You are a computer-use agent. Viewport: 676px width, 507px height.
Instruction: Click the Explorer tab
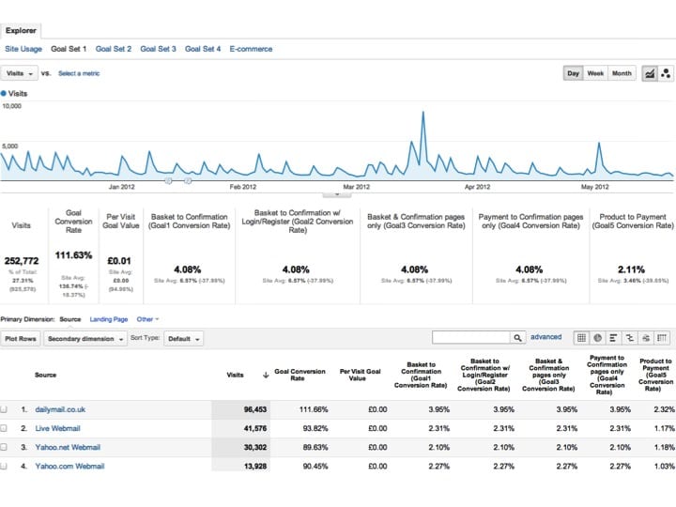point(21,30)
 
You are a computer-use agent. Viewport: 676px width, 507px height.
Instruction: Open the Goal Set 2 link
point(114,49)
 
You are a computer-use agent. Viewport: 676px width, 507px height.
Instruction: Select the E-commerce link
point(251,49)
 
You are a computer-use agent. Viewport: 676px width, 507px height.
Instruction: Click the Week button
point(595,73)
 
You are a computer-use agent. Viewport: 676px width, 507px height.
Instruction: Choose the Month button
point(622,73)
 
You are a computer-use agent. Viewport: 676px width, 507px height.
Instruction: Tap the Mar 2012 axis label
point(356,187)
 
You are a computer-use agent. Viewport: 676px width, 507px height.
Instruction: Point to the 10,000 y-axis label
point(11,107)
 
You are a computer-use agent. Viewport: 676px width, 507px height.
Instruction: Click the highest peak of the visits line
point(423,113)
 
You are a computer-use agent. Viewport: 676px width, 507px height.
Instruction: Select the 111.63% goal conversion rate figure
point(74,254)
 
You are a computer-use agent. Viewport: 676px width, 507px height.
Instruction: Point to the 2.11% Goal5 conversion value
point(632,269)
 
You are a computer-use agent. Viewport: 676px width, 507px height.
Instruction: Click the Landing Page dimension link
point(108,319)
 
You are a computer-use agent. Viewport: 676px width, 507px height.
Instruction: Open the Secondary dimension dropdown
point(84,339)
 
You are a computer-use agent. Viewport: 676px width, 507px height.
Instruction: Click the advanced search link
point(545,337)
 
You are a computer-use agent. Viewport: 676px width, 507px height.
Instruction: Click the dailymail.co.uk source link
point(60,409)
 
